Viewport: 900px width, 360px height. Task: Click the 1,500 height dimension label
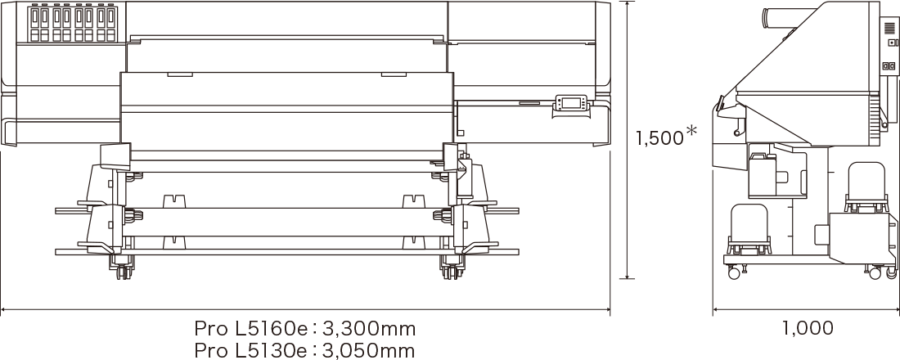[659, 138]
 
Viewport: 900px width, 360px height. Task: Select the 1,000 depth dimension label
[808, 329]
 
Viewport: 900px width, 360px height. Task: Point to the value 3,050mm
[369, 351]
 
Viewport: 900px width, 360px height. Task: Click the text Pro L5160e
[250, 329]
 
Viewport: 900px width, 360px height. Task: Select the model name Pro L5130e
[250, 351]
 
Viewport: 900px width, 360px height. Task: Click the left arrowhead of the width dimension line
[4, 310]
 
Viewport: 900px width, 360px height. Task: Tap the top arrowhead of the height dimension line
[627, 5]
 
